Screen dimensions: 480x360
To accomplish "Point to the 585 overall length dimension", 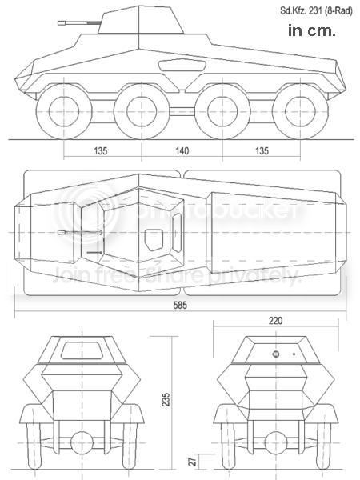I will (181, 306).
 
